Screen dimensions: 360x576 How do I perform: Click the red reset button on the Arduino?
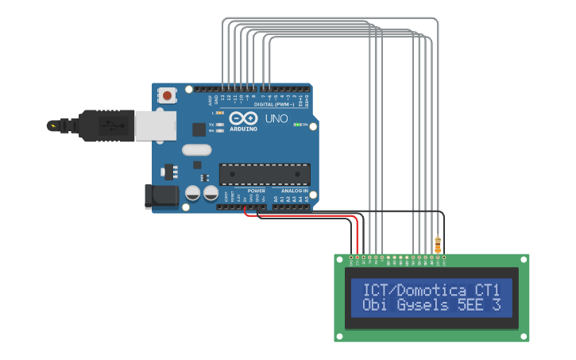point(168,95)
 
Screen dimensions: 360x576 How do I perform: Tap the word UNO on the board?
point(276,118)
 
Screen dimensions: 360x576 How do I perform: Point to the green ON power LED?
point(298,125)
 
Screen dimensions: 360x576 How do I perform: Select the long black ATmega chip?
point(265,173)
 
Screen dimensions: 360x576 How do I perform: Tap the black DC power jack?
point(161,196)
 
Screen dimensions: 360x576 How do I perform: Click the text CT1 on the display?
point(486,289)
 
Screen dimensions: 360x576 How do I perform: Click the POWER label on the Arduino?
point(256,191)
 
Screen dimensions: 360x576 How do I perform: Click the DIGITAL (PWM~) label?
point(273,104)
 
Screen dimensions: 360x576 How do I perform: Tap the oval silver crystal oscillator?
point(197,149)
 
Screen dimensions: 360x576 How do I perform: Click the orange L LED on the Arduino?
point(219,113)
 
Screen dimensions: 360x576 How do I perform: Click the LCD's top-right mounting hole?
point(523,259)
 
